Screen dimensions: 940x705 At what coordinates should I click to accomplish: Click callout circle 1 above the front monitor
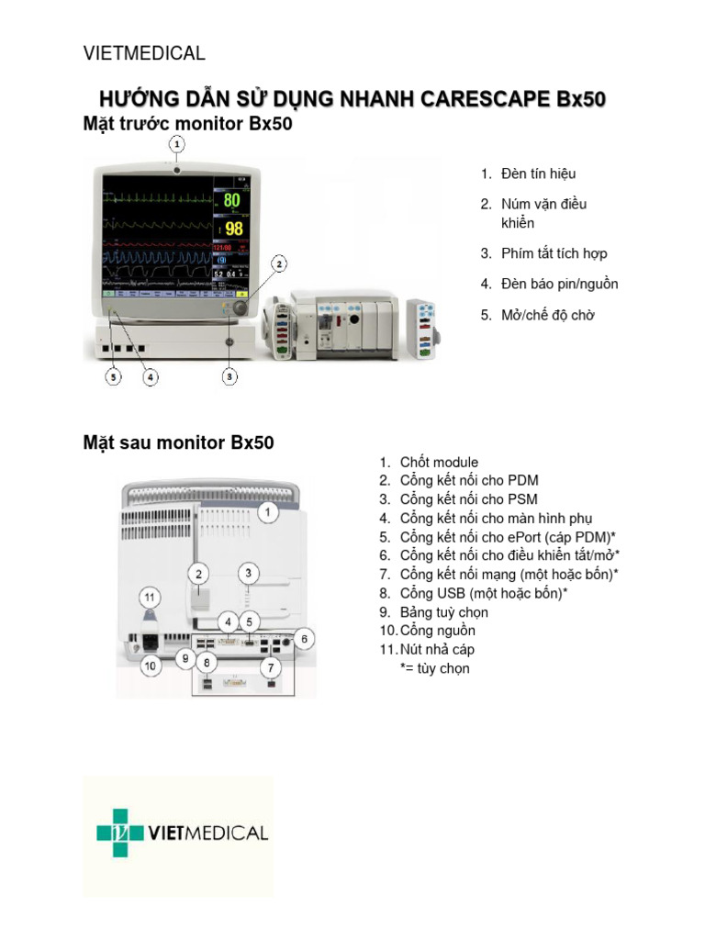[x=177, y=144]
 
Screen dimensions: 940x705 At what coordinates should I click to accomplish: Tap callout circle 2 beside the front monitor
[x=278, y=263]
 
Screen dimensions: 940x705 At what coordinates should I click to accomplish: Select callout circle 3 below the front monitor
[x=229, y=376]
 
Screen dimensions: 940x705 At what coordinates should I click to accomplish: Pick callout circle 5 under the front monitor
[x=113, y=376]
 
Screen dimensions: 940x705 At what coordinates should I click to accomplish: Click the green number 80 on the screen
[x=232, y=199]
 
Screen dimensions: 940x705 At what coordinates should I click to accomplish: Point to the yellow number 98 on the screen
[x=234, y=228]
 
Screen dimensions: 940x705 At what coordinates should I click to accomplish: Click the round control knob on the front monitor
[x=241, y=309]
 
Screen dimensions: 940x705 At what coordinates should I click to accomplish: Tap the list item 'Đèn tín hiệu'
[x=539, y=173]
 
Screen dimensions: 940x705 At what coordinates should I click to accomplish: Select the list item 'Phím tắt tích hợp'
[x=554, y=253]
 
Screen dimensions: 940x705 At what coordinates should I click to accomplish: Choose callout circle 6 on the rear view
[x=307, y=638]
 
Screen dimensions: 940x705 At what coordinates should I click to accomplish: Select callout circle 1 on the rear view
[x=266, y=513]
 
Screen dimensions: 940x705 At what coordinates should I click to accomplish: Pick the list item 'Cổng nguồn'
[x=437, y=631]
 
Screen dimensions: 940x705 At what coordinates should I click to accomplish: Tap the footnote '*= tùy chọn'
[x=434, y=668]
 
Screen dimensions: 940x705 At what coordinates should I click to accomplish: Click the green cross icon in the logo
[x=119, y=834]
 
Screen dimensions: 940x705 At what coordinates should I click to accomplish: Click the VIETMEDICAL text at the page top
[x=144, y=53]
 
